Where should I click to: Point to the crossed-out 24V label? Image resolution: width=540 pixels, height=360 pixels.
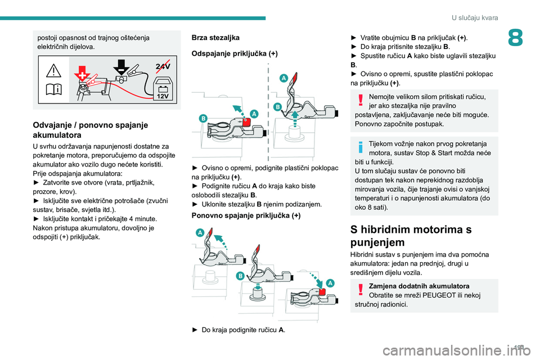[163, 66]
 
